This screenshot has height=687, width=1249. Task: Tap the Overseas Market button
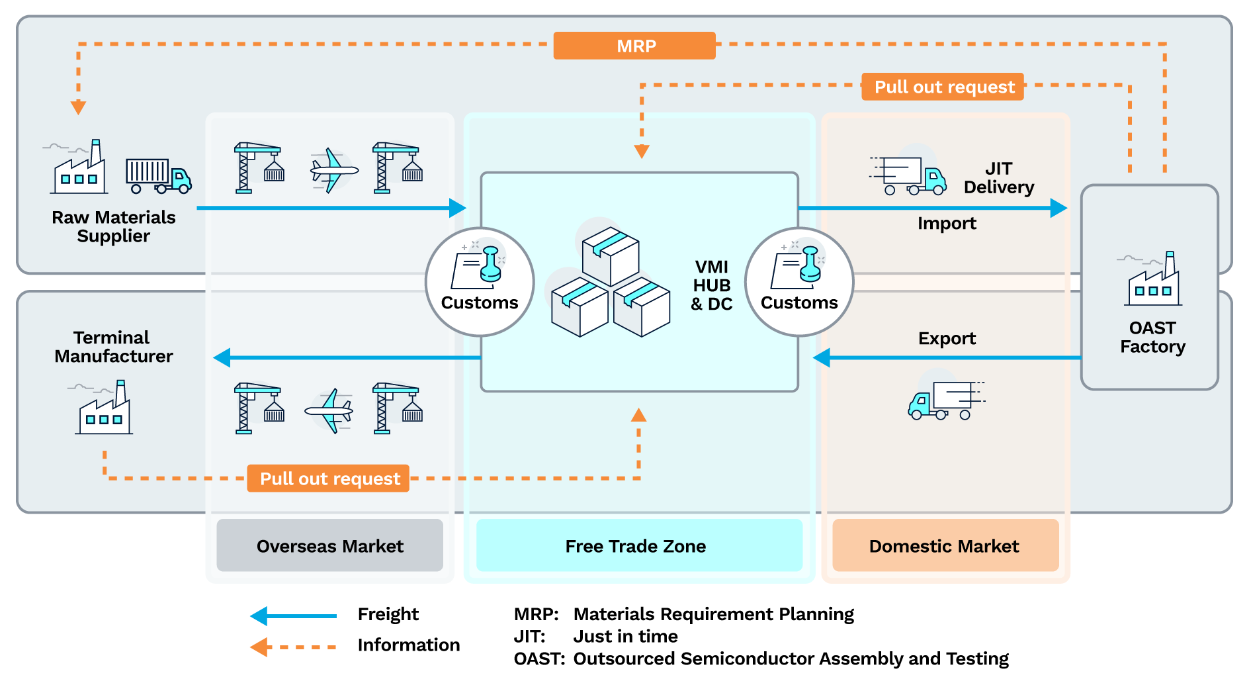[329, 545]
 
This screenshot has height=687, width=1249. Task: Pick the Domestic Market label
[945, 545]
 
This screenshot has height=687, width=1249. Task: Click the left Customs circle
[480, 282]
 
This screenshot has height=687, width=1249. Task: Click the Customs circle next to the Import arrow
[799, 282]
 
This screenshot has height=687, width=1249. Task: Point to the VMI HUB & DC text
[711, 285]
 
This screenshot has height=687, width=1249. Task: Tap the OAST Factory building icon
[1153, 281]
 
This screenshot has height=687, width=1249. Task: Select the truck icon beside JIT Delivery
[910, 175]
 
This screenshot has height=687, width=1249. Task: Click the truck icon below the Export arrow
[945, 400]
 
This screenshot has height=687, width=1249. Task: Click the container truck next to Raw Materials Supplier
[158, 175]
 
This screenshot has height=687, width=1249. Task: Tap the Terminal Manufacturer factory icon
[104, 408]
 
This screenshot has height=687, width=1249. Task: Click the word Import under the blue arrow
[946, 224]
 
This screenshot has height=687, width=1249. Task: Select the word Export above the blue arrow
[946, 338]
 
